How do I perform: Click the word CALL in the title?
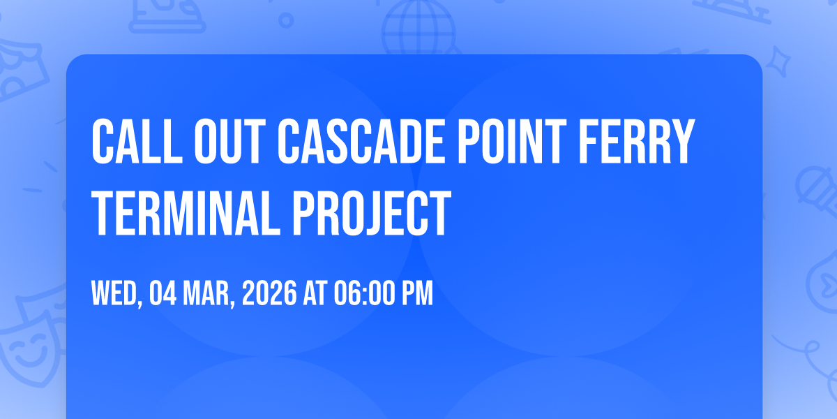point(137,142)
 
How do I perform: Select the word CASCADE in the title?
point(361,142)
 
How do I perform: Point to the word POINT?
point(512,142)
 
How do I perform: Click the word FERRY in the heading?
point(637,142)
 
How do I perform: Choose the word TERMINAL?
point(186,212)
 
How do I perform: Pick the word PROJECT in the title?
point(372,212)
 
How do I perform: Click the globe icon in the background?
point(418,27)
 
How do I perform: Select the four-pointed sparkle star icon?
point(778,61)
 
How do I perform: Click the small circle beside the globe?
point(286,20)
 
